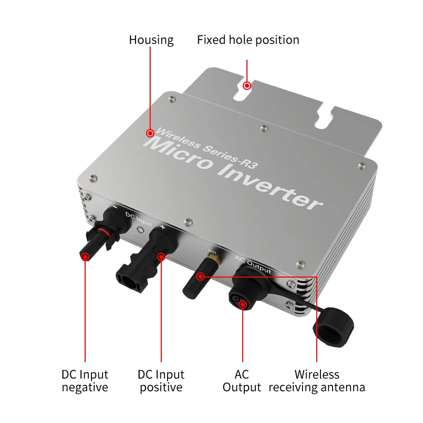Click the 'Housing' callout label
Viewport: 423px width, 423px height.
[x=151, y=40]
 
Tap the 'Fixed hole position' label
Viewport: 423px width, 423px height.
[x=248, y=40]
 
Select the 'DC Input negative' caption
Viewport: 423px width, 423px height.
[x=85, y=381]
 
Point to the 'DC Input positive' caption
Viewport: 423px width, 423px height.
[x=161, y=381]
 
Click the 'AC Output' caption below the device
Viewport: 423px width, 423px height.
[x=242, y=381]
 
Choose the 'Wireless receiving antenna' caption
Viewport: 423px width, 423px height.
[x=317, y=381]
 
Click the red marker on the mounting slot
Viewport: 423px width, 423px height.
[x=247, y=85]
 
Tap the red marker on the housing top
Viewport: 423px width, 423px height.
[x=151, y=133]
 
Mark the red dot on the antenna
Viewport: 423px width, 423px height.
[x=200, y=277]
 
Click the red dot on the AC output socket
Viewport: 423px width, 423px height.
[x=242, y=304]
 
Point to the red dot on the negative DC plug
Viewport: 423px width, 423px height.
[x=85, y=256]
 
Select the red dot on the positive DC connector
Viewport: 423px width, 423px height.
[x=161, y=258]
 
